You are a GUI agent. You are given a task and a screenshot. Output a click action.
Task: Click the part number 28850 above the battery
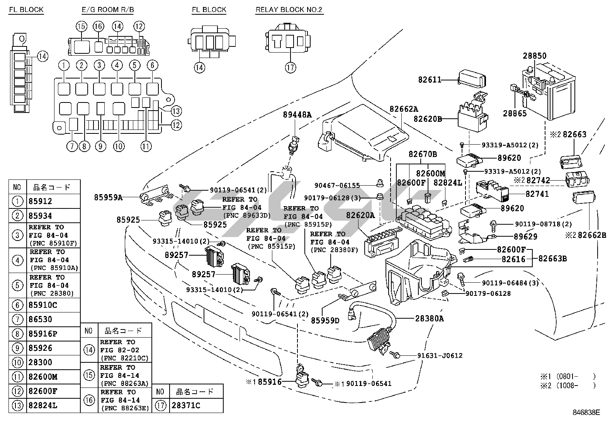[x=535, y=55]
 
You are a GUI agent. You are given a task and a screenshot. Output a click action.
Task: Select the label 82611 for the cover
[x=430, y=80]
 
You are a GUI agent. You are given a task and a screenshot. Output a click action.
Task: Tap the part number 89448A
[x=297, y=114]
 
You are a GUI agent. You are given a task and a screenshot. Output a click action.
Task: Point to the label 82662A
[x=404, y=109]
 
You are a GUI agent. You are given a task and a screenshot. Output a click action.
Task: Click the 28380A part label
[x=430, y=319]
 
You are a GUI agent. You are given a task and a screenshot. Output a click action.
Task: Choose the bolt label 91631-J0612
[x=440, y=355]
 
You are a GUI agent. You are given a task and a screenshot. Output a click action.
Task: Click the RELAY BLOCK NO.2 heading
[x=289, y=10]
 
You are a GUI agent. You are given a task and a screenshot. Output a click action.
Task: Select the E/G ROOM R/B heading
[x=108, y=10]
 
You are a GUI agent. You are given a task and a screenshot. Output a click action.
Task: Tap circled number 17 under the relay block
[x=291, y=67]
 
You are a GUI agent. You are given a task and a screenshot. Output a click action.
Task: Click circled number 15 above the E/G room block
[x=82, y=26]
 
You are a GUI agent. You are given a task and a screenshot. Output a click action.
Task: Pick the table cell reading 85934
[x=40, y=216]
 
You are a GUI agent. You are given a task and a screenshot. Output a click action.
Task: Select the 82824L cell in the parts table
[x=43, y=405]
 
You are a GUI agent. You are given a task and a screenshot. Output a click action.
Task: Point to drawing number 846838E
[x=586, y=413]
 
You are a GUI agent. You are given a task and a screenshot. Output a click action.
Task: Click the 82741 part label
[x=537, y=194]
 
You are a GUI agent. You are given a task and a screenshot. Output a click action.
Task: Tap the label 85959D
[x=325, y=320]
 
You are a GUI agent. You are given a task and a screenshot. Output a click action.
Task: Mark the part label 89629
[x=525, y=236]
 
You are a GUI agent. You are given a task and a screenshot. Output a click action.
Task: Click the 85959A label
[x=108, y=197]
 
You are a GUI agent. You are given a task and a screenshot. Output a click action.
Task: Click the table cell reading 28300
[x=40, y=362]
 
